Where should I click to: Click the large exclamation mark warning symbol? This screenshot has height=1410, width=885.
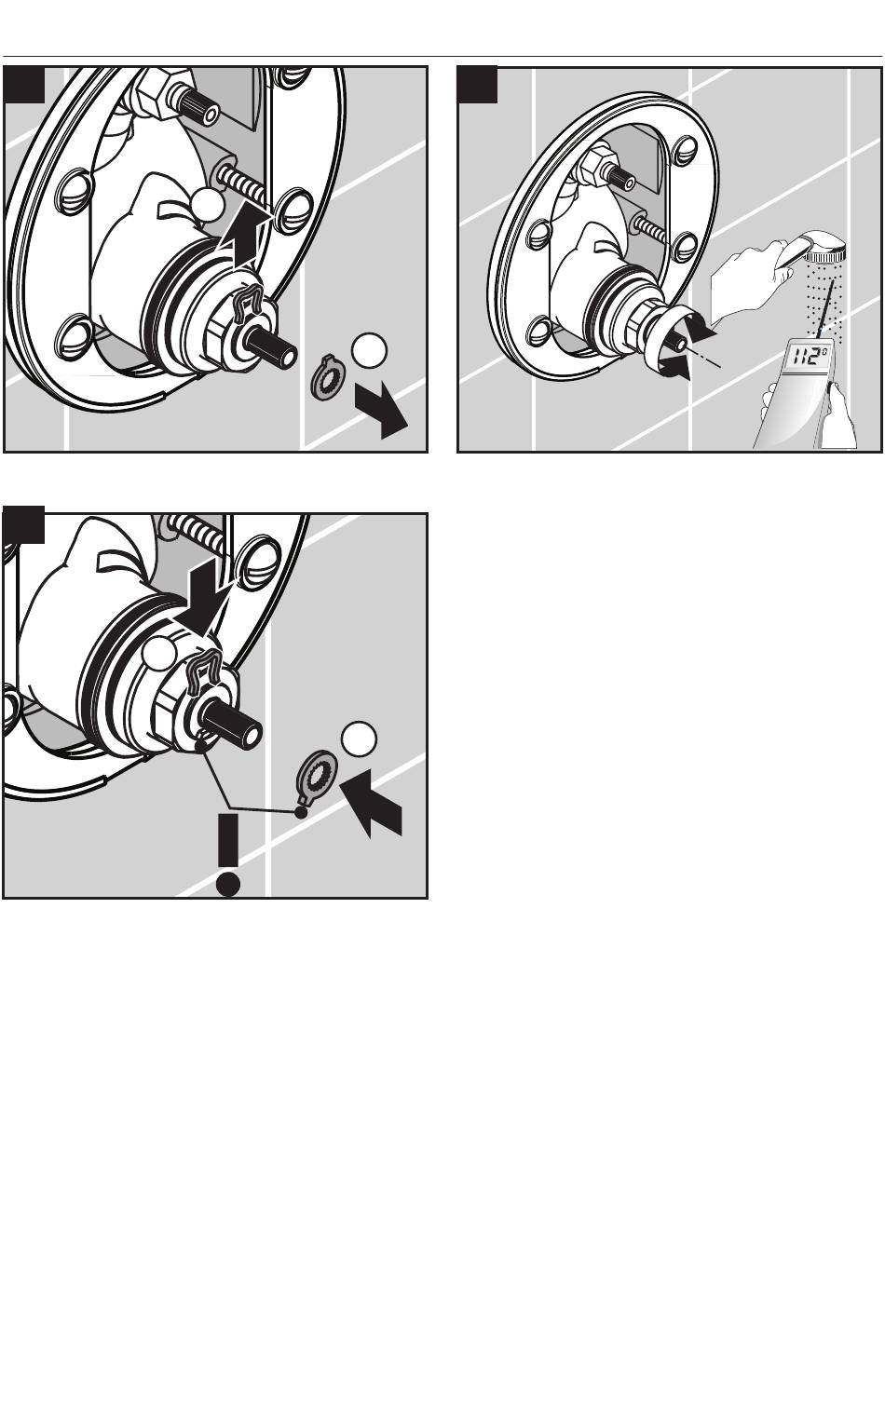(x=228, y=854)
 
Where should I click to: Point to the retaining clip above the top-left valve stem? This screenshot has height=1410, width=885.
(x=248, y=302)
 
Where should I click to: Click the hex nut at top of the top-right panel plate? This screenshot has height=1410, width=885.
(x=597, y=166)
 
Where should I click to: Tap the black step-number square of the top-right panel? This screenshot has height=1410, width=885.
(x=476, y=84)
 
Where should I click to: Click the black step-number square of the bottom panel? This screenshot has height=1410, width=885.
(x=23, y=524)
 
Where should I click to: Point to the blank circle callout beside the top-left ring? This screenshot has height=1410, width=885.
(x=369, y=350)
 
